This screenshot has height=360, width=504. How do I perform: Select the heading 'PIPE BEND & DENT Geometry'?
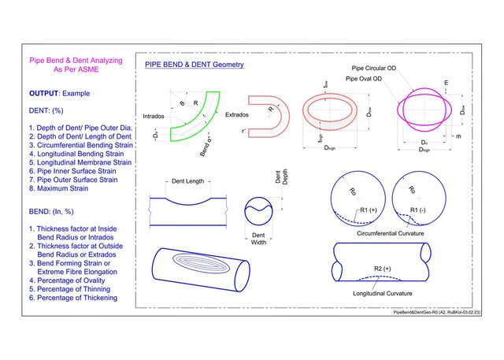click(194, 64)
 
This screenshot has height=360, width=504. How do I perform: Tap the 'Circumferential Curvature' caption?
click(391, 233)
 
